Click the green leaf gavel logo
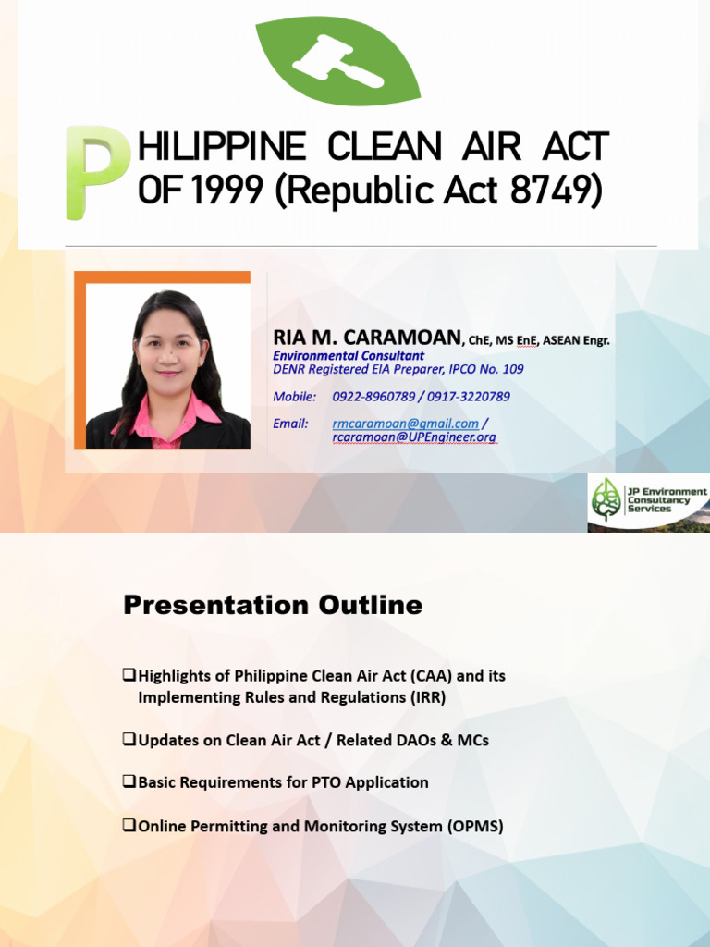(x=337, y=59)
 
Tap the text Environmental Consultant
(x=349, y=355)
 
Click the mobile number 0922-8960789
(x=373, y=397)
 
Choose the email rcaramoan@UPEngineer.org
(x=413, y=437)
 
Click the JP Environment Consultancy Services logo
(x=648, y=502)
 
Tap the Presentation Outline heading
(x=273, y=606)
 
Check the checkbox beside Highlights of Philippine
(x=129, y=676)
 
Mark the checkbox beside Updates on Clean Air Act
(x=129, y=740)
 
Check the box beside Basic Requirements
(x=129, y=782)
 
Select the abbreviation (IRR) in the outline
(x=426, y=697)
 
